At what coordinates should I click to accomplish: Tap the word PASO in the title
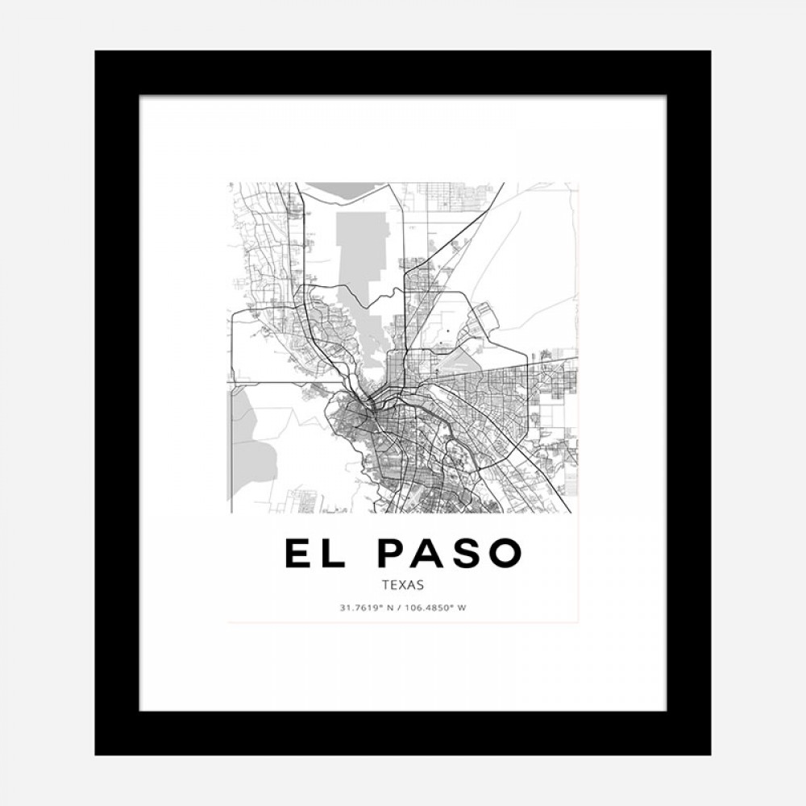[450, 553]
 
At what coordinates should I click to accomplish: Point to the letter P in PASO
[394, 553]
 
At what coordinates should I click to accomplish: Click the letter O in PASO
[505, 553]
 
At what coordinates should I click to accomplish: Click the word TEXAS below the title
[403, 586]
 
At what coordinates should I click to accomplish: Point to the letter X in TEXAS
[403, 586]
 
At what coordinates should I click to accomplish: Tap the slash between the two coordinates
[401, 608]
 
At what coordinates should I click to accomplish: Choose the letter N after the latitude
[391, 608]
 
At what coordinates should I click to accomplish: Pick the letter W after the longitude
[462, 608]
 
